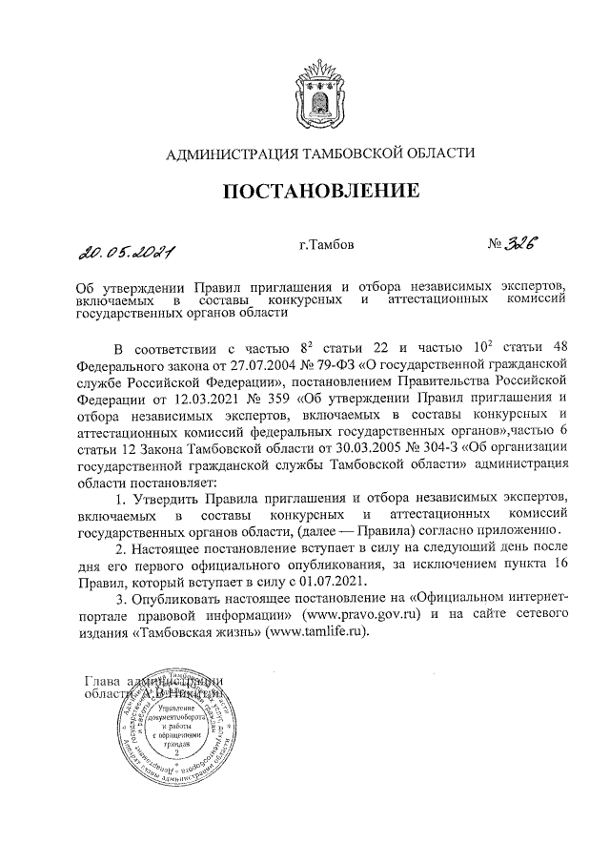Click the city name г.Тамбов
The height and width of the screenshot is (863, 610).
(x=326, y=246)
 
